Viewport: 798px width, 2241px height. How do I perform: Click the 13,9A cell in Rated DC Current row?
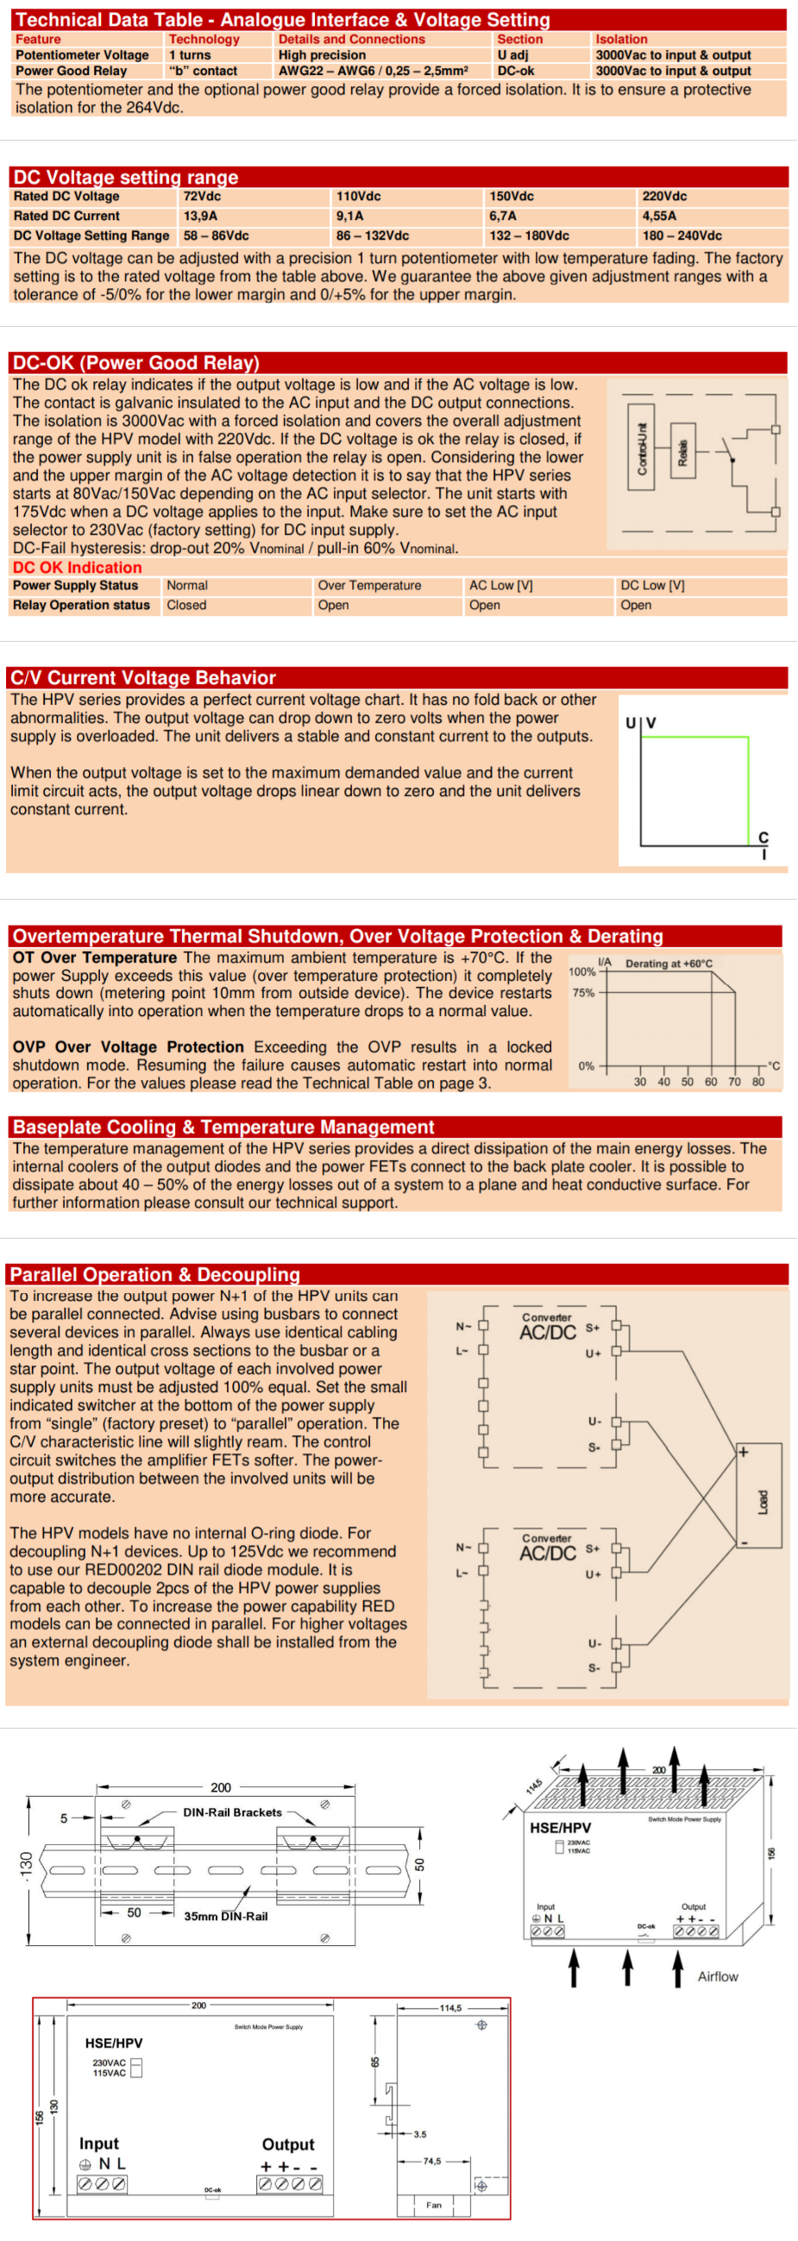(200, 216)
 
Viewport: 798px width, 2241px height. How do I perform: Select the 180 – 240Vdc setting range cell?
(682, 235)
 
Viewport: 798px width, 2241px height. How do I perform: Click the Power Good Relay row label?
(72, 72)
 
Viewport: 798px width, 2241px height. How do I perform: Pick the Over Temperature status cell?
(369, 586)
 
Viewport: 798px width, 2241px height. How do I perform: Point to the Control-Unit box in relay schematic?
(641, 447)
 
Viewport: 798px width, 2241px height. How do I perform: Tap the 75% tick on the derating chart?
(583, 993)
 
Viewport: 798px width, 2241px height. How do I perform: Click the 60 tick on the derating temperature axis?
(711, 1082)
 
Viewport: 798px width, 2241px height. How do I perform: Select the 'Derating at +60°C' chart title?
(669, 963)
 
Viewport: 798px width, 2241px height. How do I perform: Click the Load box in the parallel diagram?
(763, 1502)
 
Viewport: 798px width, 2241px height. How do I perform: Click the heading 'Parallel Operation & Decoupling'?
(155, 1275)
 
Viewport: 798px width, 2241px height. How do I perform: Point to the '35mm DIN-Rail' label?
(225, 1916)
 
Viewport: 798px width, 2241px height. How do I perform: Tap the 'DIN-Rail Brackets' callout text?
(232, 1812)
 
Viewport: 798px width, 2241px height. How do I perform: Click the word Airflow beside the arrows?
(717, 1976)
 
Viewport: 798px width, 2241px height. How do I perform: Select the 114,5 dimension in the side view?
(450, 2008)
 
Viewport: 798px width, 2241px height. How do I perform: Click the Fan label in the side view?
(433, 2205)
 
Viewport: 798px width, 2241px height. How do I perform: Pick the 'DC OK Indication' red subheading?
(77, 568)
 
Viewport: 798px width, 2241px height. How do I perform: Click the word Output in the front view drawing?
(288, 2144)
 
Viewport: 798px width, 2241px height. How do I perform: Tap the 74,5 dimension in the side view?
(431, 2161)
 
